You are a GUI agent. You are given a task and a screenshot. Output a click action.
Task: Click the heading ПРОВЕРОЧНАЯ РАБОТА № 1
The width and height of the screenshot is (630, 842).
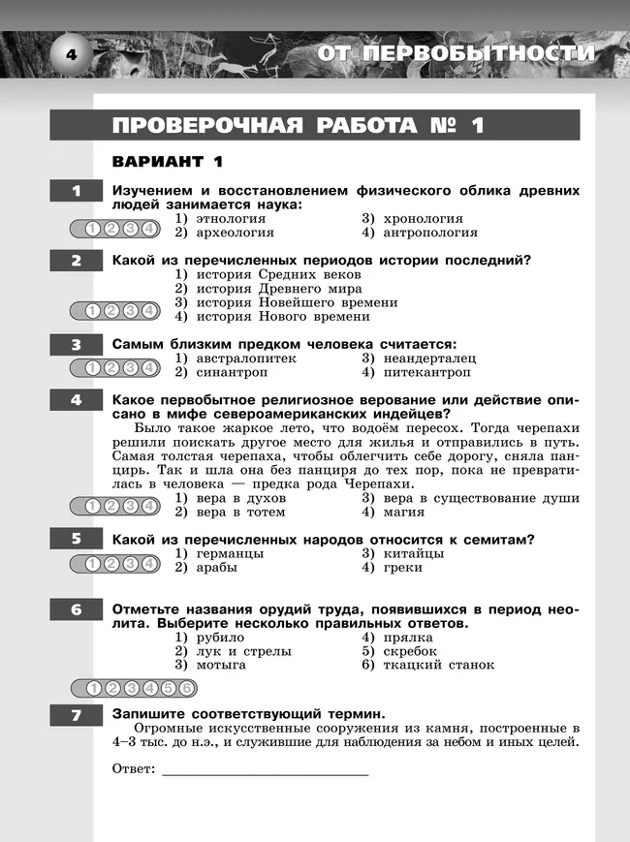tap(298, 126)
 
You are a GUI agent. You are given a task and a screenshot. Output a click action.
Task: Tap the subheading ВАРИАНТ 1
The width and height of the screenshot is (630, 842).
tap(168, 161)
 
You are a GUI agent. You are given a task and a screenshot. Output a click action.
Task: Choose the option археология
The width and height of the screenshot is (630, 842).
tap(231, 233)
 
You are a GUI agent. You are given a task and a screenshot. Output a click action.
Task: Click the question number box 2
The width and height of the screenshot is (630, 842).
tap(76, 261)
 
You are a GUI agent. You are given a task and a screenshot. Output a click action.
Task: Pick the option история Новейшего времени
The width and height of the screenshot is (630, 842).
tap(273, 302)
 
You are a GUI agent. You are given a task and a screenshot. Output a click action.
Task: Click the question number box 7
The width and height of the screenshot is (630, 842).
tap(76, 715)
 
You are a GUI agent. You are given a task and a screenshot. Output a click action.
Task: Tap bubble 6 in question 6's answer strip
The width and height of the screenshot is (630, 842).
tap(185, 689)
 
